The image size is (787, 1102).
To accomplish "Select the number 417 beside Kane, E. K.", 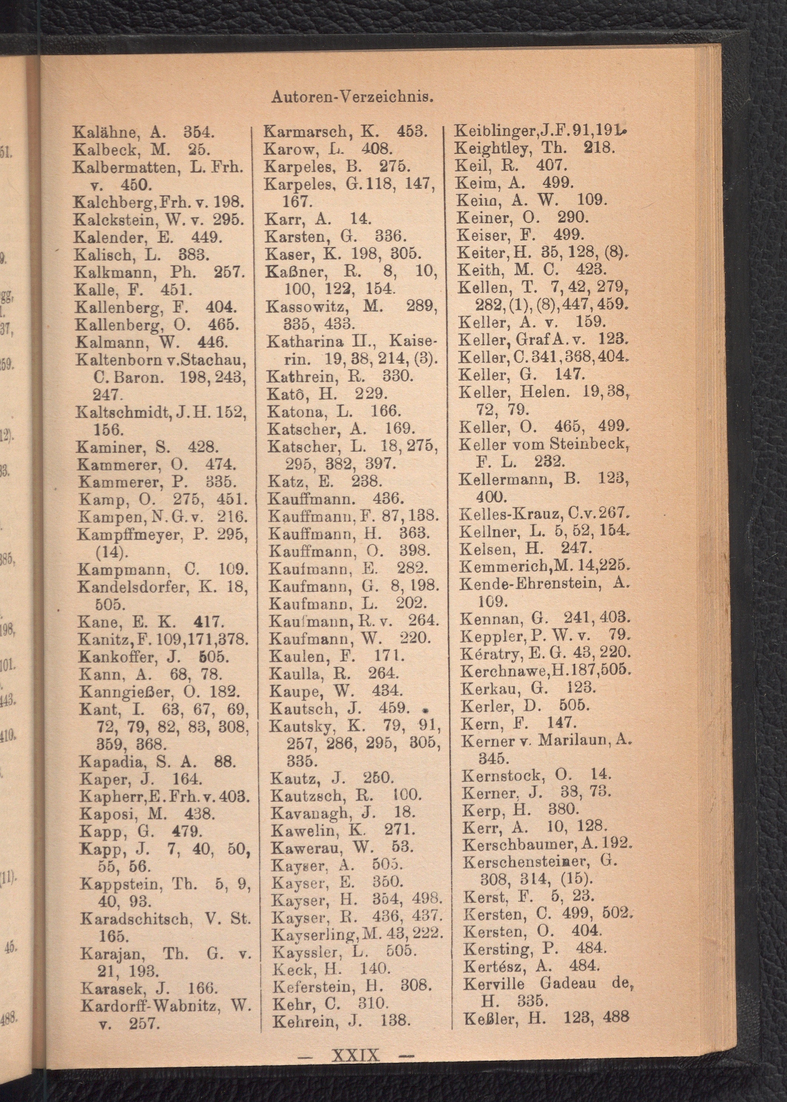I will (207, 621).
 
